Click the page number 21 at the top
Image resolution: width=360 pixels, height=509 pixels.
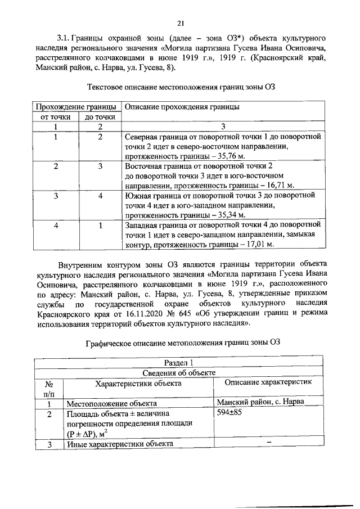click(180, 23)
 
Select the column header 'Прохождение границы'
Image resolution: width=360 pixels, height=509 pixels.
click(76, 107)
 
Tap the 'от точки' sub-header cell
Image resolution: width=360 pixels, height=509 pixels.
click(56, 117)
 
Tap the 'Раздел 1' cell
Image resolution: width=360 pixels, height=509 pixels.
click(181, 363)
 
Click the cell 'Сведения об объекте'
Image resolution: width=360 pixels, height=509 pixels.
click(181, 372)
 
